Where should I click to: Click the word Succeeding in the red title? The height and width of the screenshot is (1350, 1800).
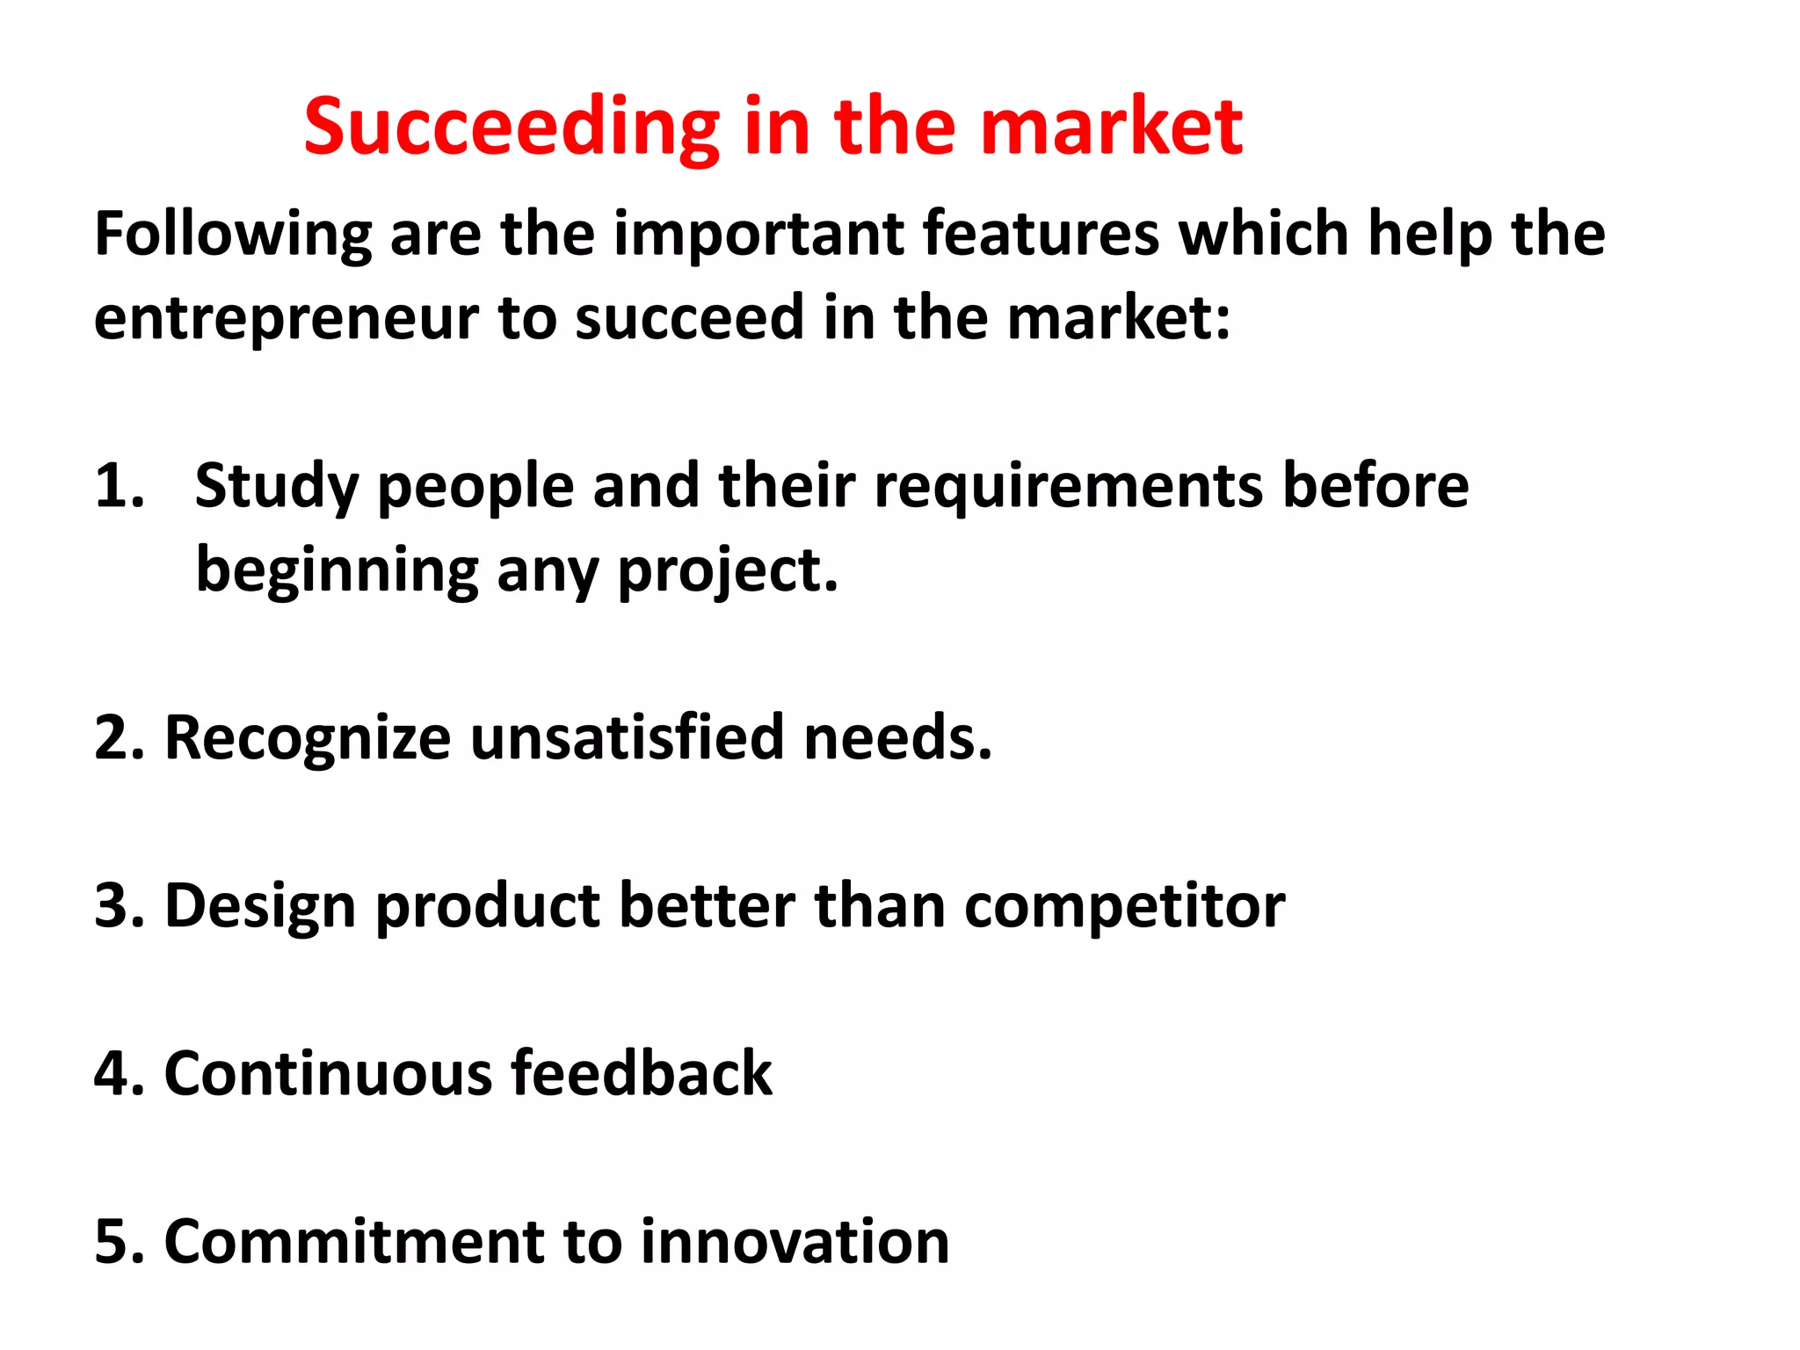510,127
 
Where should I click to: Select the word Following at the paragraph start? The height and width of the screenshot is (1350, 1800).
233,236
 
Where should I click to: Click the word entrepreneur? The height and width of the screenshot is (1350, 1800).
286,318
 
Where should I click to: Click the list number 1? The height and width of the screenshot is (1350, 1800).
118,486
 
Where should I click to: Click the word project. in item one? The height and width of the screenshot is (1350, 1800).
728,571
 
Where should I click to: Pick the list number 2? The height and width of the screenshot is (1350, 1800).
118,738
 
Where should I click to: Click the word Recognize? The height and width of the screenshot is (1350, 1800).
308,738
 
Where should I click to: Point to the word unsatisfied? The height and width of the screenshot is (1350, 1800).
627,738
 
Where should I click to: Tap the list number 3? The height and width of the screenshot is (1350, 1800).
118,906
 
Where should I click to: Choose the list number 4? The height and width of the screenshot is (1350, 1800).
118,1074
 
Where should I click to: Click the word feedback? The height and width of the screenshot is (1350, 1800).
641,1074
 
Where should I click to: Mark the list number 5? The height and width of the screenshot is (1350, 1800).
118,1242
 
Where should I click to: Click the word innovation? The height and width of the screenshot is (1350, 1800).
795,1242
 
